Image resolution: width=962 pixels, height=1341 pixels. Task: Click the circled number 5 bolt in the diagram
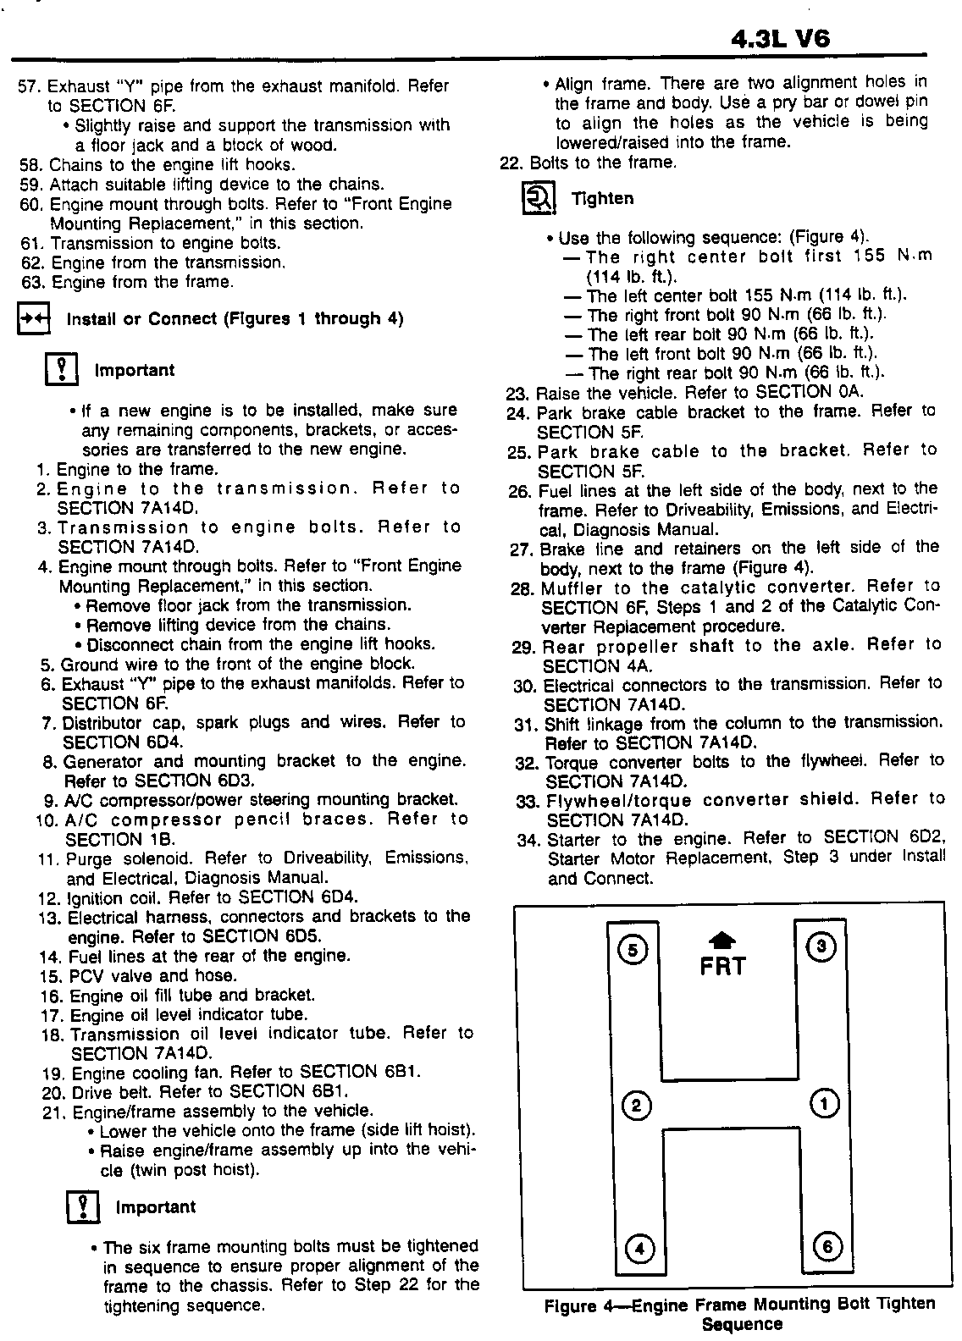click(632, 949)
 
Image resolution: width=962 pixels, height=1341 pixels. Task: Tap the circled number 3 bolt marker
click(821, 946)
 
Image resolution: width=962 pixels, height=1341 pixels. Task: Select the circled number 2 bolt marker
click(636, 1105)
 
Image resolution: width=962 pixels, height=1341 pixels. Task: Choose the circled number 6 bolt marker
click(827, 1245)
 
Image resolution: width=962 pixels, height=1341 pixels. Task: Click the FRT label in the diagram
click(722, 966)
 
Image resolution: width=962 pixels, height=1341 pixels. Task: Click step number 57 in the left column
click(30, 86)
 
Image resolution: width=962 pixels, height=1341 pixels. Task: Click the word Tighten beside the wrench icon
click(602, 198)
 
